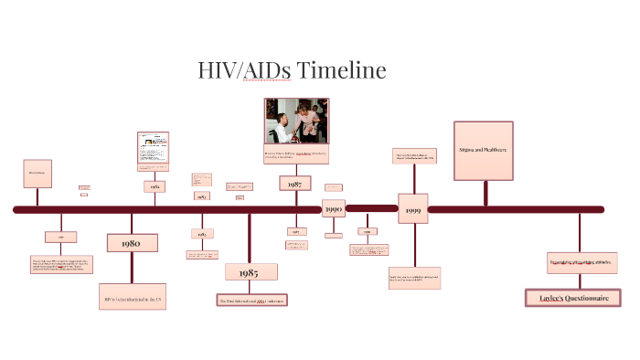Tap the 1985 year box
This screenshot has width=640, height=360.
(x=251, y=272)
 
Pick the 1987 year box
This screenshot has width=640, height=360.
(x=295, y=183)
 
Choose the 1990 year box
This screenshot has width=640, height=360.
(x=333, y=209)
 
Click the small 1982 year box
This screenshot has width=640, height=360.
(x=155, y=186)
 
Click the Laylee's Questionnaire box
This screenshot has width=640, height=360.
(x=573, y=297)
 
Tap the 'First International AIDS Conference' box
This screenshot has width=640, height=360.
(x=251, y=300)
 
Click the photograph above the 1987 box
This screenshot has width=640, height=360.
(x=296, y=121)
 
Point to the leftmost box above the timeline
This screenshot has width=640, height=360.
(x=37, y=174)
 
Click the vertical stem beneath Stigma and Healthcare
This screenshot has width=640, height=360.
(x=485, y=194)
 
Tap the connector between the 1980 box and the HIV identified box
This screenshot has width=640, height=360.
(x=133, y=268)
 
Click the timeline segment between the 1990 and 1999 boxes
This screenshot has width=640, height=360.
(x=371, y=209)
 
